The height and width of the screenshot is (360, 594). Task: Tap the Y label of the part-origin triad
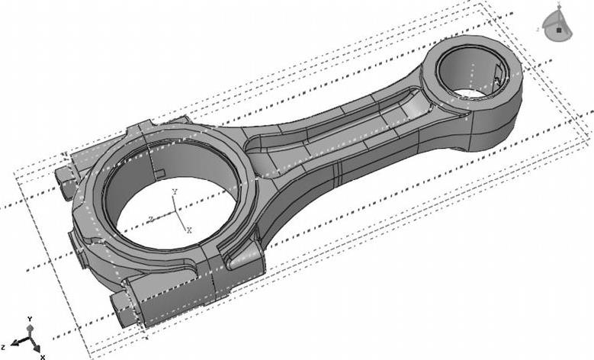[175, 191]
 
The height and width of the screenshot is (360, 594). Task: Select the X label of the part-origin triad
[189, 229]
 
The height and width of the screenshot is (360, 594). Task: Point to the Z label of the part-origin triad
[151, 219]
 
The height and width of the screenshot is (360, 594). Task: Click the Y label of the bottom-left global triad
[29, 318]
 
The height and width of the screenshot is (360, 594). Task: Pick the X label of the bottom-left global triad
[43, 356]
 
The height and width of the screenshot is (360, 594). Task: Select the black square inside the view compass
[559, 31]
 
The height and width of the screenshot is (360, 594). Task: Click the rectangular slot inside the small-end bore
[498, 76]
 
